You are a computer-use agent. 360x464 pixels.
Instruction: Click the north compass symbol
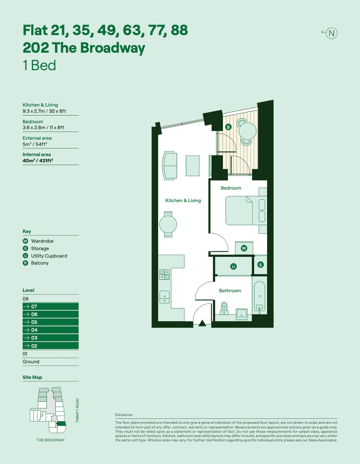[331, 33]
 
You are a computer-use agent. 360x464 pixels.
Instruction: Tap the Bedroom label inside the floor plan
[231, 188]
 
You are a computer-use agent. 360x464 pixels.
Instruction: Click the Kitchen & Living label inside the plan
[183, 201]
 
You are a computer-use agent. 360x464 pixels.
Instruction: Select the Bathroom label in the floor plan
[230, 291]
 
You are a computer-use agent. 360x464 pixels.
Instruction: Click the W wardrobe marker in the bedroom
[244, 248]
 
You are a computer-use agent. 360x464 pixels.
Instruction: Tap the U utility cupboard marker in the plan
[233, 267]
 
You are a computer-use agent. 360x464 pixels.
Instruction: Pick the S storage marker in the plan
[260, 265]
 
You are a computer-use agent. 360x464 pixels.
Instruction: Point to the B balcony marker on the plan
[228, 127]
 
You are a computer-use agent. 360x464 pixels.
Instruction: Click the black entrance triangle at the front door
[202, 323]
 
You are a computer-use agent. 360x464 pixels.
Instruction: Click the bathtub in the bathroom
[259, 296]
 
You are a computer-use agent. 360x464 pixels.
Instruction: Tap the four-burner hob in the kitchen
[164, 274]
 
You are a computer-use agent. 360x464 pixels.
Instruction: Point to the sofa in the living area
[169, 166]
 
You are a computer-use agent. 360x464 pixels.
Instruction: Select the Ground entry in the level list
[31, 362]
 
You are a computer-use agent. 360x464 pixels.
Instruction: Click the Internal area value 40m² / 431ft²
[38, 160]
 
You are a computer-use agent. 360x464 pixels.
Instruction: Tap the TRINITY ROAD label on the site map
[77, 410]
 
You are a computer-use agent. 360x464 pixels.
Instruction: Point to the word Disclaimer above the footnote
[124, 415]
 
